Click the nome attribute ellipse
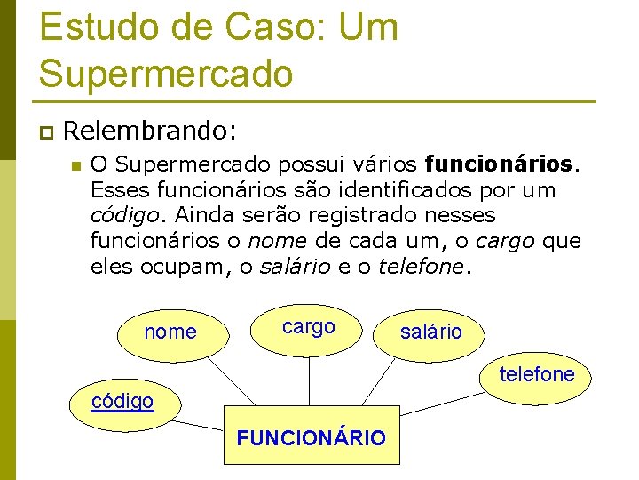[x=170, y=332]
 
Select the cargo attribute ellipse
[x=309, y=326]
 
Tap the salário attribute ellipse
[x=431, y=332]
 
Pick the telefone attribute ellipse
[x=536, y=374]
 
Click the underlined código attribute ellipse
[x=122, y=401]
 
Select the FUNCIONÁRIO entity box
[x=311, y=436]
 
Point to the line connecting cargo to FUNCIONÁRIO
[x=309, y=379]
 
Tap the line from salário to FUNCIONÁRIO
[x=382, y=382]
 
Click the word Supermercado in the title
[x=166, y=73]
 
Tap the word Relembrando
[x=150, y=132]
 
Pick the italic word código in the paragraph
[x=128, y=215]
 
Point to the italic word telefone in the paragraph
[x=421, y=267]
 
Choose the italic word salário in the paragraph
[x=296, y=267]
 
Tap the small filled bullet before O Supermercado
[x=76, y=165]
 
